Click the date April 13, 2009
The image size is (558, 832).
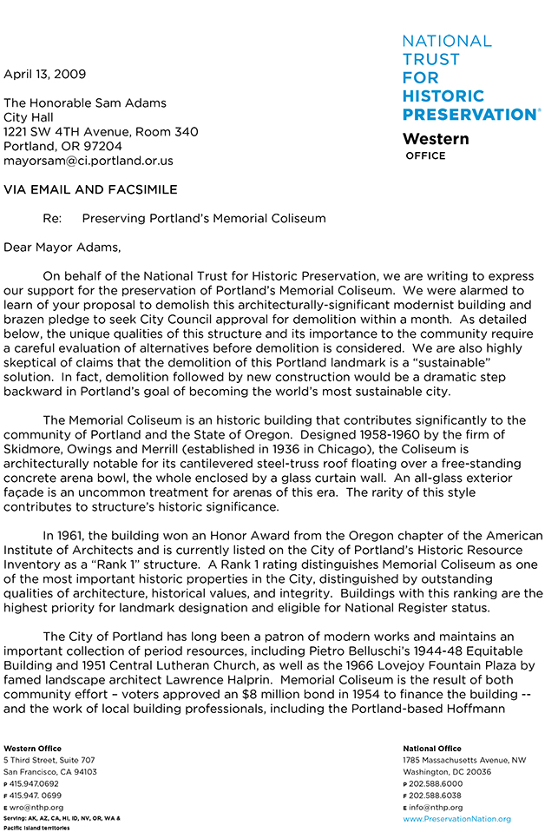[44, 74]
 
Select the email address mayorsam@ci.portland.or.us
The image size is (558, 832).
[89, 161]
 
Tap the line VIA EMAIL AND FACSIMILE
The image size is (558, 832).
[90, 189]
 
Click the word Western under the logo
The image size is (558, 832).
[436, 139]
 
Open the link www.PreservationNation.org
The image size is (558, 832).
[456, 819]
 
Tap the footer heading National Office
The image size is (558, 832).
[431, 748]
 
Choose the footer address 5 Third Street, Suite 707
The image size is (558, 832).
[49, 760]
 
